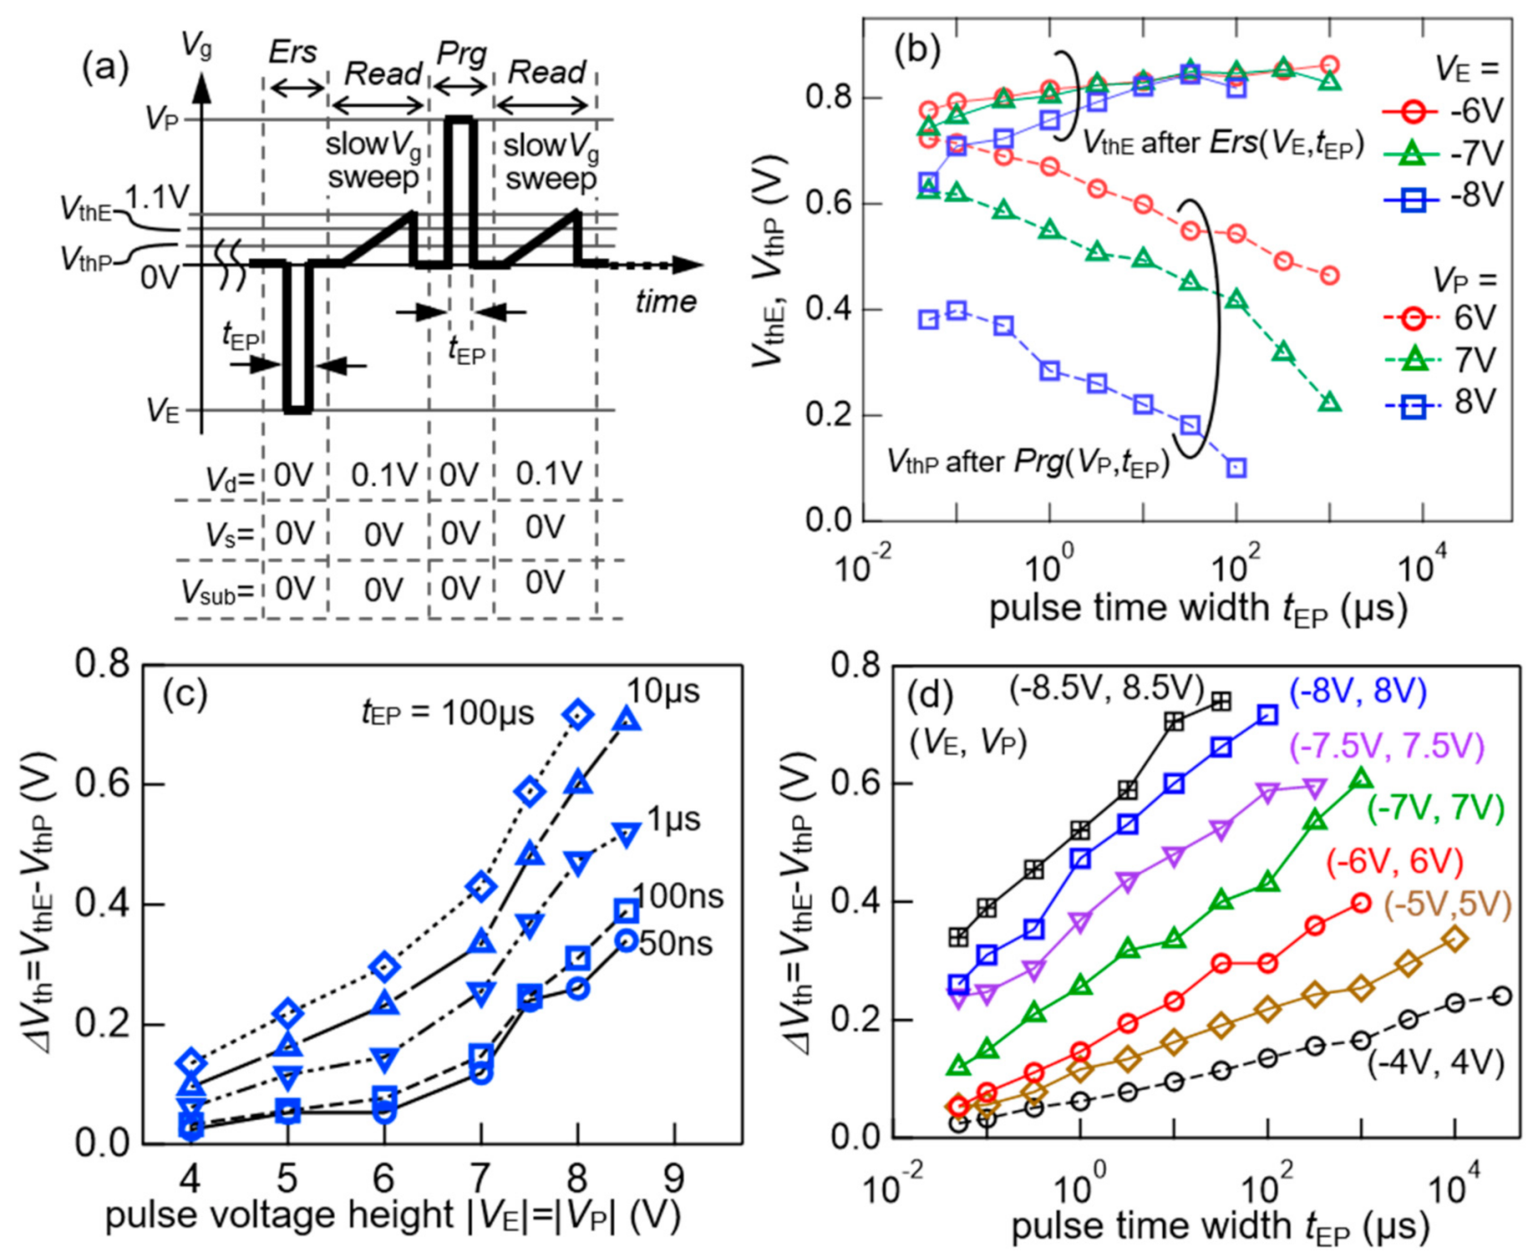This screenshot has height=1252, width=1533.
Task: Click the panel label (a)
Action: pyautogui.click(x=106, y=68)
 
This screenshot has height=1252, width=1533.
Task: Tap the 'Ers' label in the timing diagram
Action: pyautogui.click(x=293, y=53)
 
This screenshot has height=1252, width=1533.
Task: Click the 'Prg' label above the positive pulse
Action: pyautogui.click(x=461, y=55)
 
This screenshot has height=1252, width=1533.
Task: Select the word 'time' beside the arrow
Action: pyautogui.click(x=665, y=301)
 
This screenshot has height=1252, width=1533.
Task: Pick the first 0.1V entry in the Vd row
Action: pyautogui.click(x=383, y=475)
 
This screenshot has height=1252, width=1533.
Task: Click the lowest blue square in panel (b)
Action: pyautogui.click(x=1236, y=468)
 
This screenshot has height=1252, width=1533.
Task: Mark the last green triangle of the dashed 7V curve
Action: pyautogui.click(x=1331, y=402)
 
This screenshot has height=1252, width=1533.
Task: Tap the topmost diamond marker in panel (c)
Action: pyautogui.click(x=579, y=714)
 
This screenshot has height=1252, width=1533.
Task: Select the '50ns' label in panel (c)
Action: pyautogui.click(x=676, y=944)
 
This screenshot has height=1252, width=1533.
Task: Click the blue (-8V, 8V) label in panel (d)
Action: pyautogui.click(x=1357, y=691)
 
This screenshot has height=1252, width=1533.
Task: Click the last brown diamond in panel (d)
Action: pyautogui.click(x=1455, y=939)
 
